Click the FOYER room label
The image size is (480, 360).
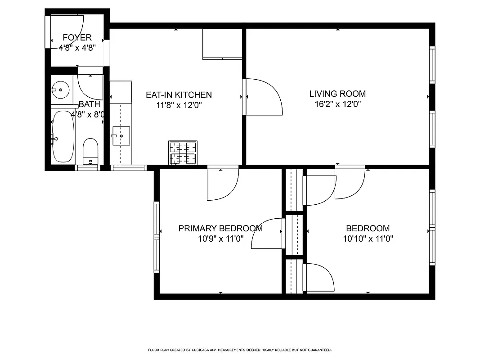(77, 37)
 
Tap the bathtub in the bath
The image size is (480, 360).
(63, 136)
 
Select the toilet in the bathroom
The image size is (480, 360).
(90, 151)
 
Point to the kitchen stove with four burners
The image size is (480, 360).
(183, 153)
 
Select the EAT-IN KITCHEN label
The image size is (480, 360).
(179, 95)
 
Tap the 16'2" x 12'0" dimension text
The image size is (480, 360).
(337, 104)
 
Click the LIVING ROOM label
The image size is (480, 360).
(337, 94)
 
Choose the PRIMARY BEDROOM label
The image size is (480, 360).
(220, 228)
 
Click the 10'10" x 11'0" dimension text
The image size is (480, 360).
(368, 239)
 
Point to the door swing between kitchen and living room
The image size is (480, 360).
(263, 97)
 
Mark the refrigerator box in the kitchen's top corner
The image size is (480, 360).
(222, 44)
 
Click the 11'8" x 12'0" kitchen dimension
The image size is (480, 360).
(179, 106)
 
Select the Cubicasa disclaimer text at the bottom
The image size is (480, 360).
(240, 350)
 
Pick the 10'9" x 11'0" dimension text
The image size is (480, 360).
(220, 239)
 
